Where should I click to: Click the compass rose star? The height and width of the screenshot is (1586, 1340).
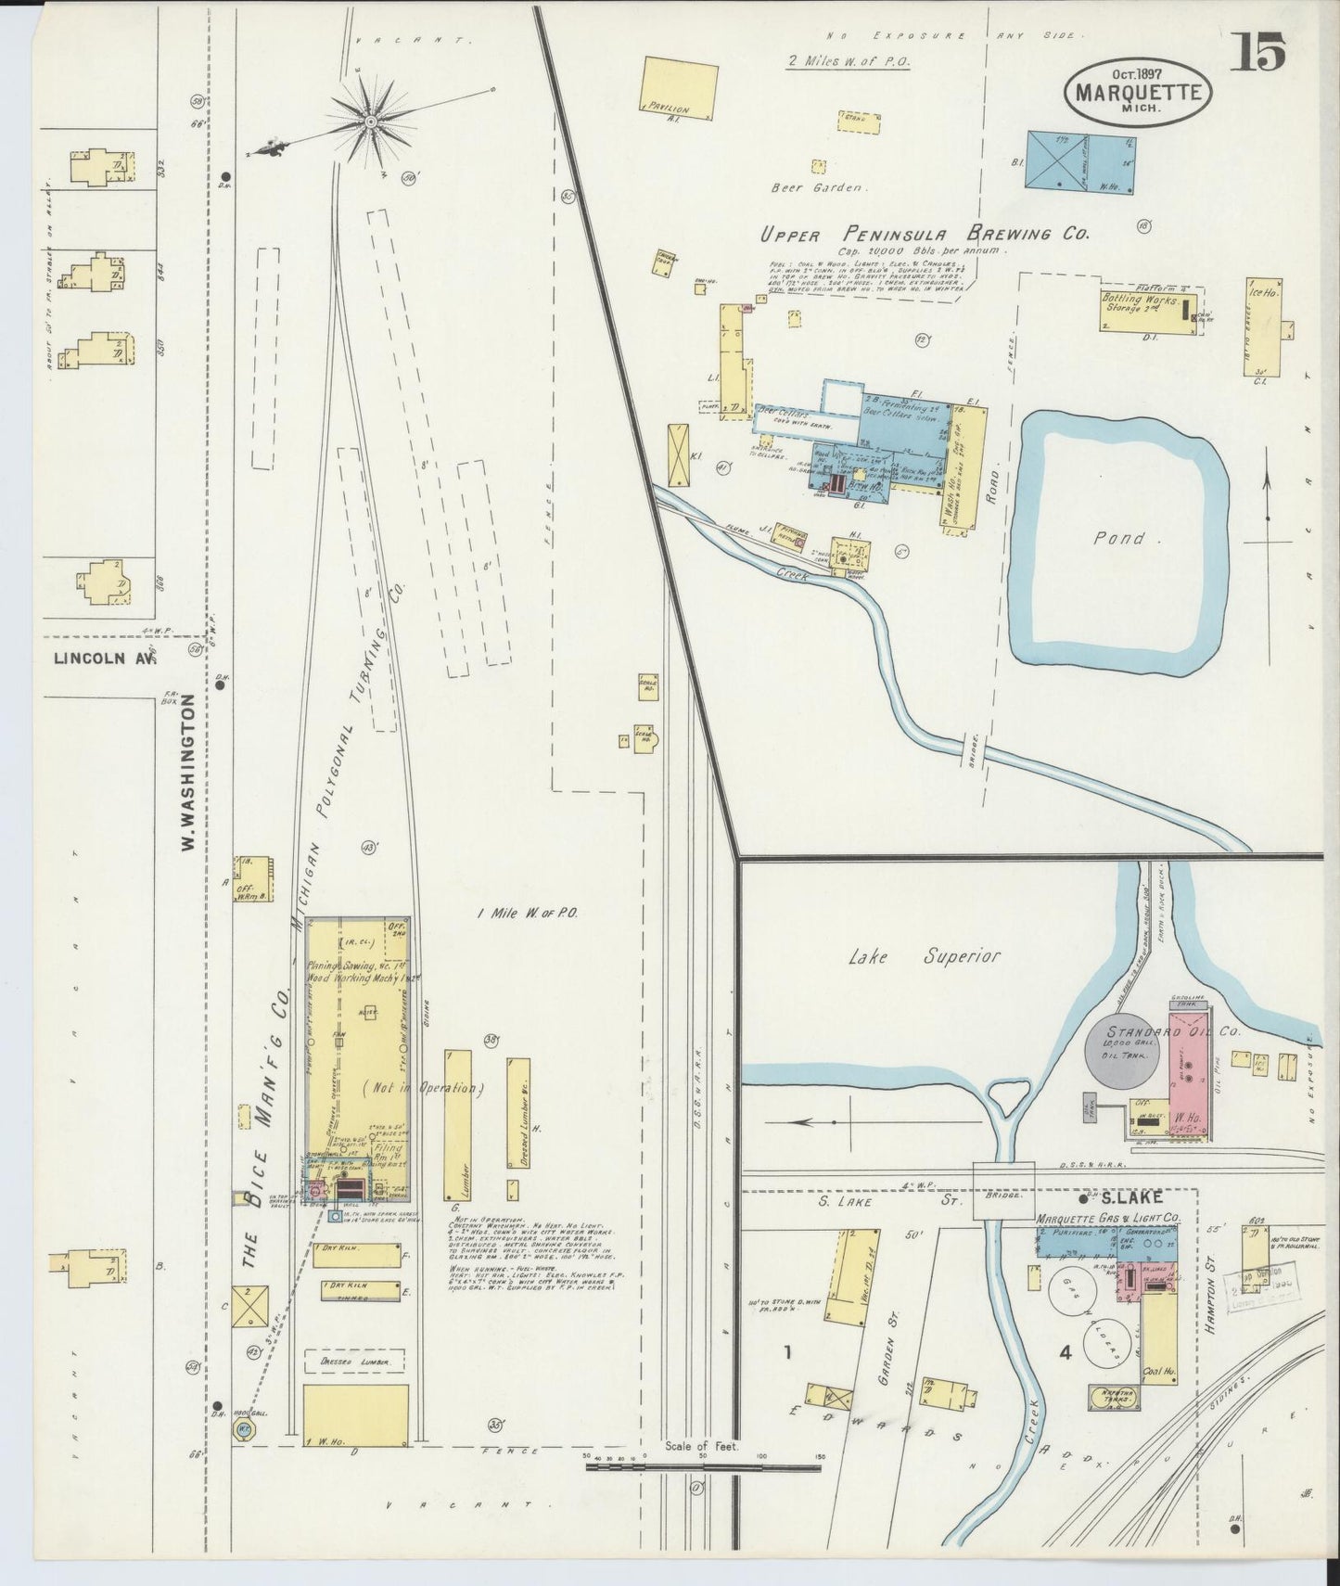pos(371,119)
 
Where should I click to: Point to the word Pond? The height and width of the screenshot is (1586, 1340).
pos(1118,537)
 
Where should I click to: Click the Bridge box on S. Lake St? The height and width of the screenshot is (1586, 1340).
pos(1003,1204)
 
